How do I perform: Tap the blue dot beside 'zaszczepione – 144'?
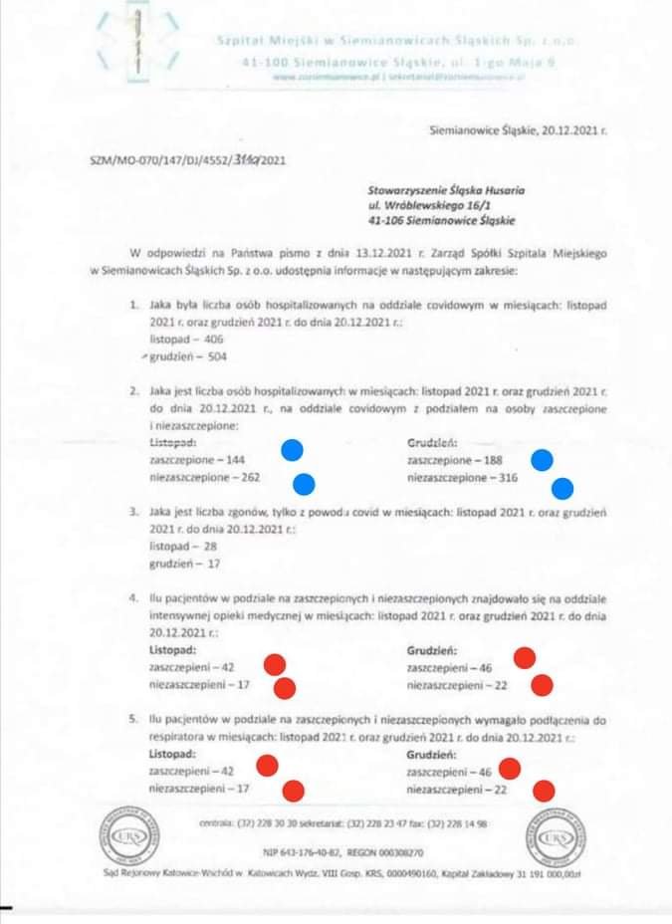pos(293,449)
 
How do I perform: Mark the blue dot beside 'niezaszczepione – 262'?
pos(303,485)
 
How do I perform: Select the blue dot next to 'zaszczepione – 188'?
pos(542,460)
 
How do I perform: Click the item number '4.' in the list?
pos(135,602)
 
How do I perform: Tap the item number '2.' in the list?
pos(135,393)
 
